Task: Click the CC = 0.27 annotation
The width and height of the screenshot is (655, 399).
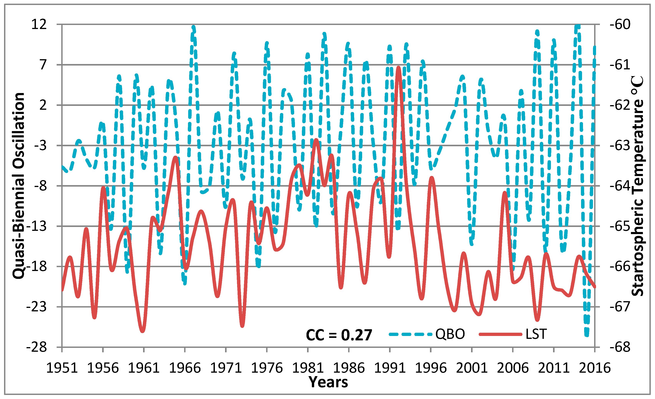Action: click(339, 335)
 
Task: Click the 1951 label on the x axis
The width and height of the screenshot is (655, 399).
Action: click(62, 368)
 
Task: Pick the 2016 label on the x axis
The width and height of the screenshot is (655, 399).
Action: click(595, 368)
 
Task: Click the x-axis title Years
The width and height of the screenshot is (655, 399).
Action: click(328, 382)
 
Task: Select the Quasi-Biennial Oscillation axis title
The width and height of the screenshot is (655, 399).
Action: click(19, 186)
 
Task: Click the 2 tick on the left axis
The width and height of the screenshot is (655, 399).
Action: click(43, 105)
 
